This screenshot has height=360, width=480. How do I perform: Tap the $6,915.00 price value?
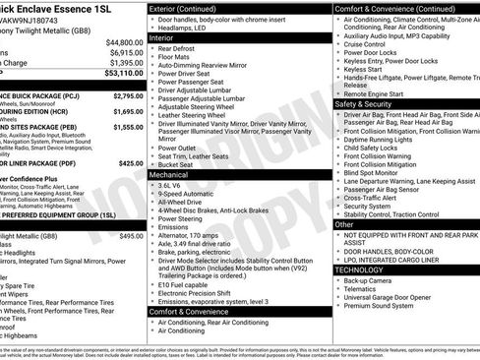coord(124,52)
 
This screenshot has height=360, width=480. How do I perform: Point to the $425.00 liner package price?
coord(130,163)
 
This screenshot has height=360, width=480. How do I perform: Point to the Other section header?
coord(344,224)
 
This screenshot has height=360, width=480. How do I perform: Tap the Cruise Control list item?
coord(366,44)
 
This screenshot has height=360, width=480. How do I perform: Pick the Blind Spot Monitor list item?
coord(372,172)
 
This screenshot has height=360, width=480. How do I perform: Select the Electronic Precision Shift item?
coord(196,291)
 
